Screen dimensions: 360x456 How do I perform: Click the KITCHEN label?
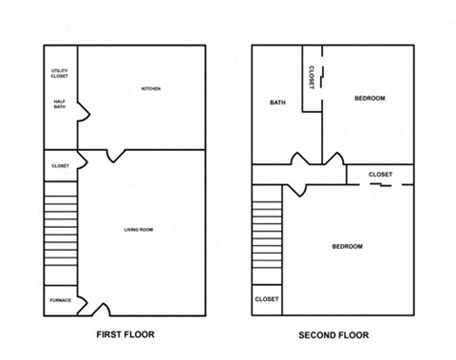[151, 89]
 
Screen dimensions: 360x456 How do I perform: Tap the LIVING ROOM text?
[140, 230]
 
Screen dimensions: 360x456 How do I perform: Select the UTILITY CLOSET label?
[60, 74]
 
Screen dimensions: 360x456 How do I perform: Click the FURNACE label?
[60, 301]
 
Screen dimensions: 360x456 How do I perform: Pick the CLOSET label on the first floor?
[60, 166]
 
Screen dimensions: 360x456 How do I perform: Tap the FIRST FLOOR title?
[125, 335]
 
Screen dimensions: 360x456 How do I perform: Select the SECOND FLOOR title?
[332, 335]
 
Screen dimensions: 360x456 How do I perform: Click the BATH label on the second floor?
[277, 103]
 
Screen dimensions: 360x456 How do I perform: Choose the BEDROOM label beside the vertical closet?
[370, 98]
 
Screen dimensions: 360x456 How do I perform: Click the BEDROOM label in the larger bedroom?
[347, 247]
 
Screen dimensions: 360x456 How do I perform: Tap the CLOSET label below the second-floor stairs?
[267, 299]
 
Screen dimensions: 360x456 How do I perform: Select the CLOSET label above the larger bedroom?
[380, 175]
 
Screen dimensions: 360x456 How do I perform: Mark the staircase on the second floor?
[267, 237]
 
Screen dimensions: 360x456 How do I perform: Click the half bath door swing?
[84, 112]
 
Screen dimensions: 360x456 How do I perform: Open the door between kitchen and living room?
[116, 154]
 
